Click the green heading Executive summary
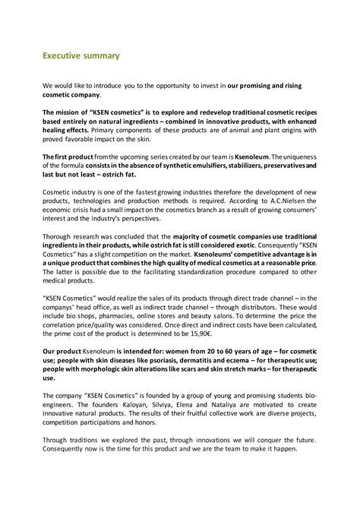coord(81,55)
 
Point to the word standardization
coord(209,272)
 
